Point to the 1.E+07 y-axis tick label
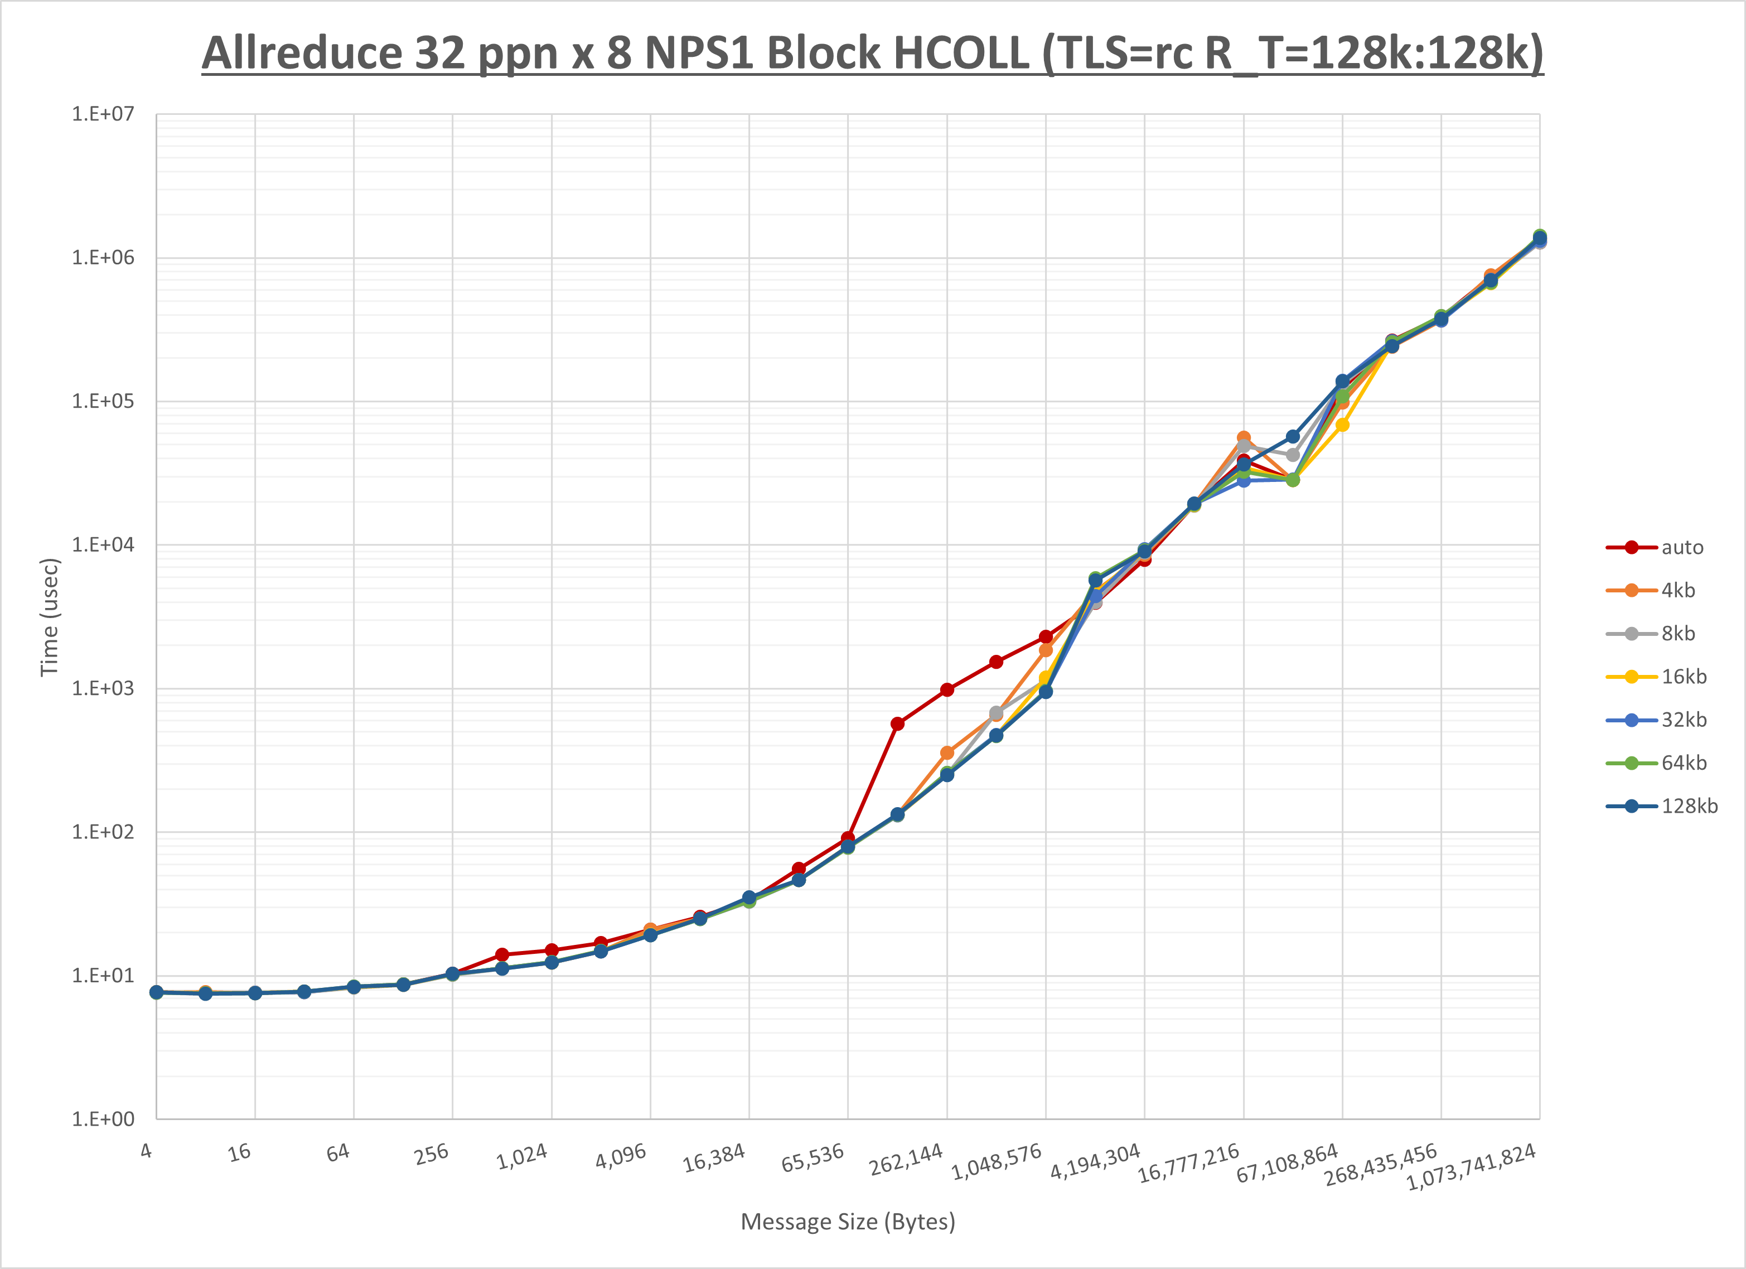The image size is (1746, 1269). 103,114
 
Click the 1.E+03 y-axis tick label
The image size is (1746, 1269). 103,688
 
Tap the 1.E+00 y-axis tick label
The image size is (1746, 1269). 103,1119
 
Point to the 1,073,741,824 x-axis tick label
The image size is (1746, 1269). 1471,1166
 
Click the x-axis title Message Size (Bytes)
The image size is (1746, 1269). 848,1221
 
